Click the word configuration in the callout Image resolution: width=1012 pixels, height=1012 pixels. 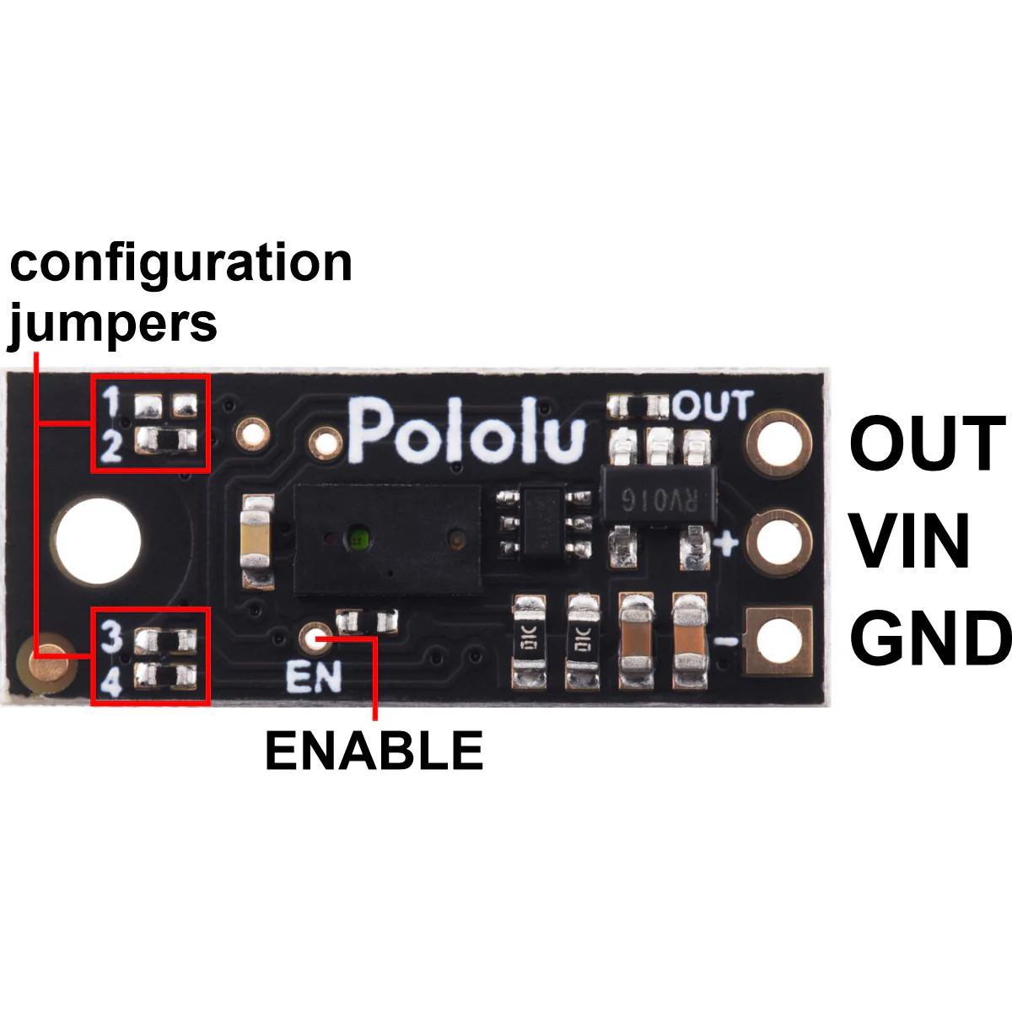point(181,265)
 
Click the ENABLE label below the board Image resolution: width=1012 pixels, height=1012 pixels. point(374,751)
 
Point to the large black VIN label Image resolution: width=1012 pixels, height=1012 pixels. point(909,541)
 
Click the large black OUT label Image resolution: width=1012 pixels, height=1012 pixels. point(927,443)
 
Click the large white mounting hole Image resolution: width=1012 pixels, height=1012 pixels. point(98,541)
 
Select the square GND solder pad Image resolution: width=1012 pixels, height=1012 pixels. point(779,641)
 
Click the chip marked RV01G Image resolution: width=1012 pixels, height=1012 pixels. point(659,496)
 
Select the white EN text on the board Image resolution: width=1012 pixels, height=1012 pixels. point(314,677)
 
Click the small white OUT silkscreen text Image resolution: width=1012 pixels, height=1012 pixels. point(713,406)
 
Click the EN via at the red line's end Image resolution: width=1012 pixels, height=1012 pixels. point(316,638)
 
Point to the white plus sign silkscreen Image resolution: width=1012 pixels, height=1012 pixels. point(726,544)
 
